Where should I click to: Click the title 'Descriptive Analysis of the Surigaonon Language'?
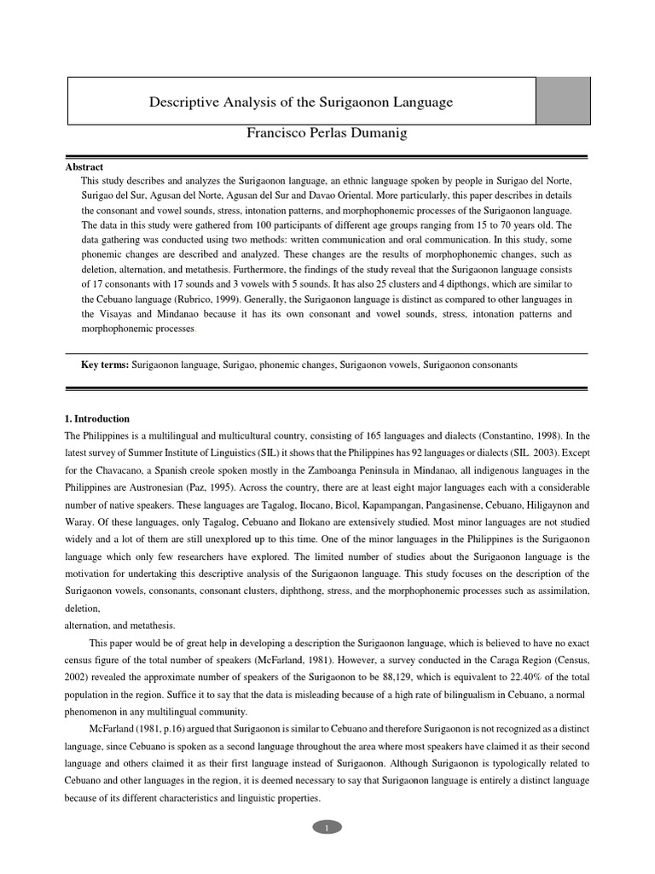[301, 102]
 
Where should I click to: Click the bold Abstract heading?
[84, 167]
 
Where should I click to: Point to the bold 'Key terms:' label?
[105, 364]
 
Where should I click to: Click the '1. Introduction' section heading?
[97, 419]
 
